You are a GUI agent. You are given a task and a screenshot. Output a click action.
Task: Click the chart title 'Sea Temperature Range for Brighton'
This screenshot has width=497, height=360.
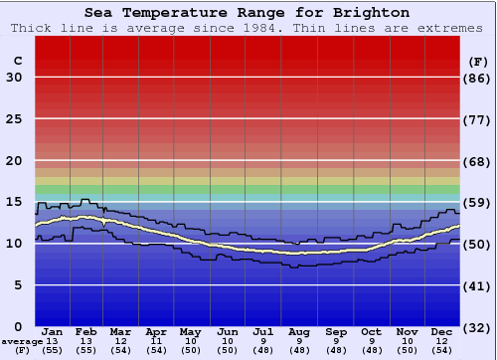(x=247, y=12)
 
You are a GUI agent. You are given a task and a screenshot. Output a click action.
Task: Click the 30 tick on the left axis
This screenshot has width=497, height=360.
(x=14, y=78)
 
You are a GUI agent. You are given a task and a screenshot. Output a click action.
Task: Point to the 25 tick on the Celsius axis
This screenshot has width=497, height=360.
(x=14, y=119)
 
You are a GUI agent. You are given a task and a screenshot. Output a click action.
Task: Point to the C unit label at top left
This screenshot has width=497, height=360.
(x=17, y=61)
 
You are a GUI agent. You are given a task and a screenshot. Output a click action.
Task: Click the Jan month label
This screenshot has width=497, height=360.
(x=53, y=332)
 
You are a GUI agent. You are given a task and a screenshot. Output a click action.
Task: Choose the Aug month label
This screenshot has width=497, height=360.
(x=299, y=332)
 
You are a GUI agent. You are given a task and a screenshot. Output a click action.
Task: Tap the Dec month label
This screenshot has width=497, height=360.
(x=442, y=332)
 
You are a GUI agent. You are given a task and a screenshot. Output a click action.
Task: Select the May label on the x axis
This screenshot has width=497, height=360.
(x=191, y=332)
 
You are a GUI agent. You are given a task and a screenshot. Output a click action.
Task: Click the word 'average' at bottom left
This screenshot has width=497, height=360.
(x=22, y=342)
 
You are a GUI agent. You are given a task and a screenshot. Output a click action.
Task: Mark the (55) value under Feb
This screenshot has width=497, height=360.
(x=87, y=351)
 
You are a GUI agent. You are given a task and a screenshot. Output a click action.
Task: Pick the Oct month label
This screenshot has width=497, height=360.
(x=371, y=332)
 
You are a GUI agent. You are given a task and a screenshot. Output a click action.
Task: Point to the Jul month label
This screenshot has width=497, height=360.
(x=263, y=332)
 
